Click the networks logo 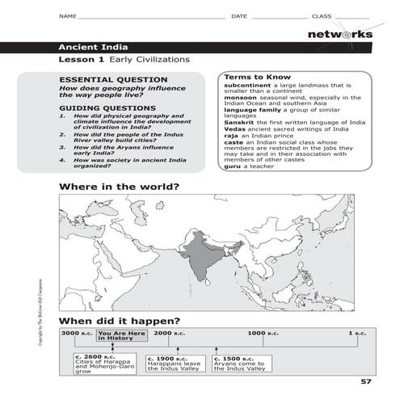coord(340,35)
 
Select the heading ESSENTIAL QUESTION coord(103,80)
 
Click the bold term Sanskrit coord(240,122)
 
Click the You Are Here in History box coord(121,335)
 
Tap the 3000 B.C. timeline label coord(77,333)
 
